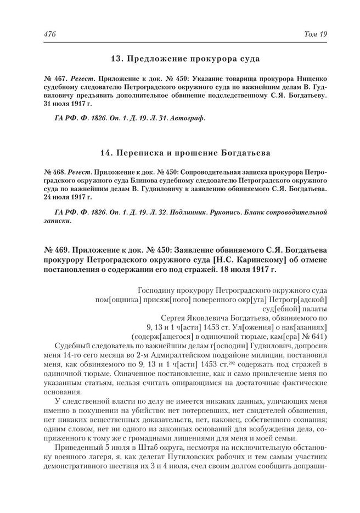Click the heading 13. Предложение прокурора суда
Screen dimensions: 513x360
(x=184, y=57)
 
